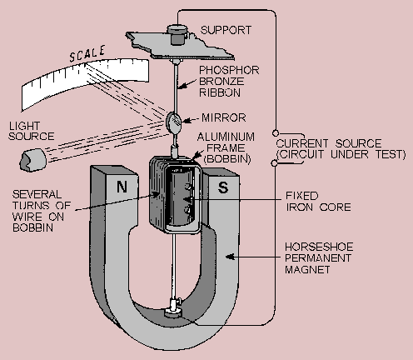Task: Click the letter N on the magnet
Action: pos(122,187)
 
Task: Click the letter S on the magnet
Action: pos(223,187)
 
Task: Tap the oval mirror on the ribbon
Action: pos(174,122)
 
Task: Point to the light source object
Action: pos(32,160)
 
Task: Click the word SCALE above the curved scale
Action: pos(87,54)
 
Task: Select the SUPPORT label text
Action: pos(226,30)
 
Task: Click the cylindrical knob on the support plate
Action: pos(177,35)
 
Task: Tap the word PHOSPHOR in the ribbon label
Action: pos(229,70)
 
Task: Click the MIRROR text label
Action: pos(224,117)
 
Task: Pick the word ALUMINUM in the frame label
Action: pos(226,137)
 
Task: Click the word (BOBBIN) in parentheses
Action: pos(227,159)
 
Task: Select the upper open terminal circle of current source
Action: pos(276,133)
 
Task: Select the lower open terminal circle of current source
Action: pos(274,163)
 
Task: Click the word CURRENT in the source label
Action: pos(302,143)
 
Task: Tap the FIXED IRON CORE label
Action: pos(318,202)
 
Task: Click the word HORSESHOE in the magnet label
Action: pos(319,247)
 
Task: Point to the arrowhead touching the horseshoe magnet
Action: pos(230,257)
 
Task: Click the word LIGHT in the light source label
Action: pos(25,126)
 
